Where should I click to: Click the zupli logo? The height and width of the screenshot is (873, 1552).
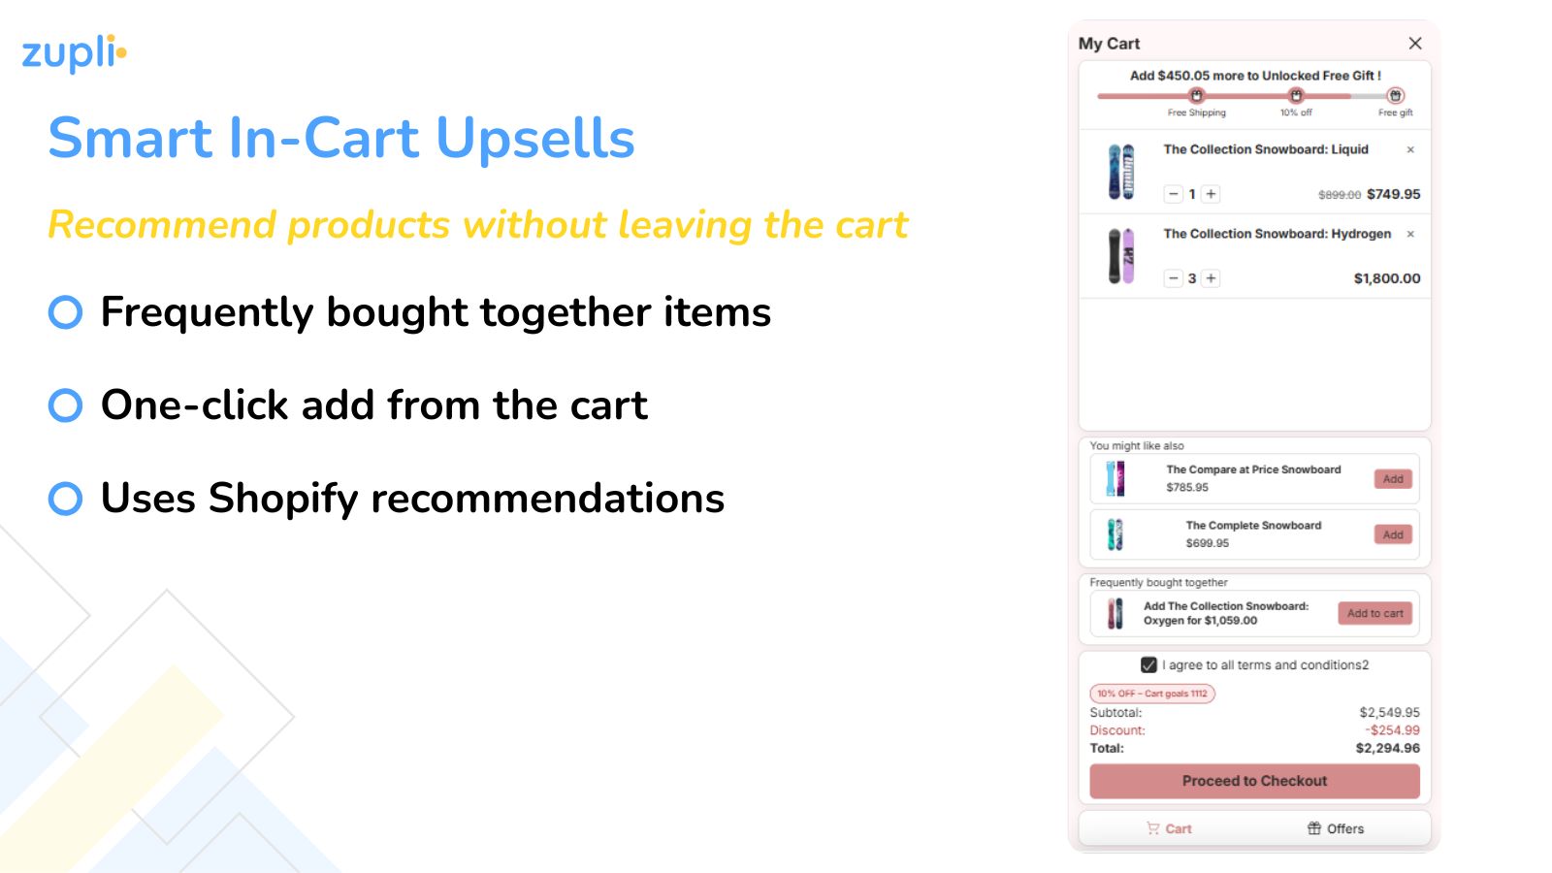[x=74, y=53]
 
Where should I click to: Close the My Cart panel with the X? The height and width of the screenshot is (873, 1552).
[x=1415, y=44]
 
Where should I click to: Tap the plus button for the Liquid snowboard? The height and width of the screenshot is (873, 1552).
[x=1211, y=194]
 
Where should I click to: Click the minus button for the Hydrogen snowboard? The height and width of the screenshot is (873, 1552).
[x=1174, y=278]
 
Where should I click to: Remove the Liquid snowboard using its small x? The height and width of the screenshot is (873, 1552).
[x=1410, y=149]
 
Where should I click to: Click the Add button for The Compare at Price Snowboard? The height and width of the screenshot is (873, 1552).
[x=1393, y=479]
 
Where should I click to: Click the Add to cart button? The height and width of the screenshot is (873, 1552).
[x=1374, y=613]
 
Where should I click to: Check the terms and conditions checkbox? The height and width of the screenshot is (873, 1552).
[x=1148, y=665]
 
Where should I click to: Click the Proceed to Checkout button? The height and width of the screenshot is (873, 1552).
[x=1254, y=781]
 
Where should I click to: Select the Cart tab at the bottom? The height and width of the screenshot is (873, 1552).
[x=1170, y=828]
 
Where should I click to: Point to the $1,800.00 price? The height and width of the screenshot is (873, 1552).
[x=1386, y=278]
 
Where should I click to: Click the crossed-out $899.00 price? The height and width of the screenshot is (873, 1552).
[x=1339, y=195]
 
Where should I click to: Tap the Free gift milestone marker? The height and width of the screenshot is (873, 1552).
[x=1395, y=95]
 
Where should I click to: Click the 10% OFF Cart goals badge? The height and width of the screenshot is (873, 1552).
[x=1152, y=694]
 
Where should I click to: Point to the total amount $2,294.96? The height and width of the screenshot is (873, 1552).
[x=1387, y=748]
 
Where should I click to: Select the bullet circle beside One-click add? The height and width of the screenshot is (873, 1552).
[x=65, y=405]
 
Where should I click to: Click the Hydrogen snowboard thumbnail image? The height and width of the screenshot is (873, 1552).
[x=1121, y=256]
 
